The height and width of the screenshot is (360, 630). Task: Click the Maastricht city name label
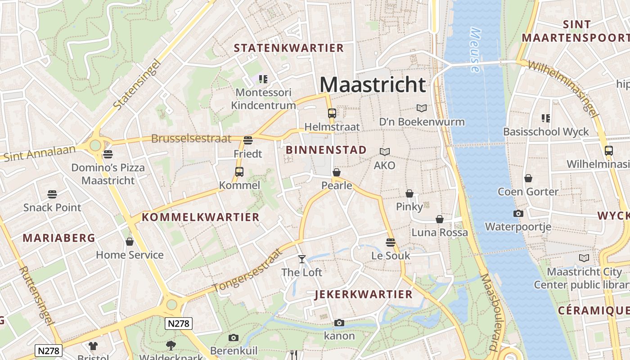[x=373, y=85]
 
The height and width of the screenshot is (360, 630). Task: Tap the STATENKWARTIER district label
[x=288, y=48]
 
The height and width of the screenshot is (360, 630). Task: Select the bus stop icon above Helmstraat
[x=332, y=113]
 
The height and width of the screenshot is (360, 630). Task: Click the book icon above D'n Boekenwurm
[x=421, y=108]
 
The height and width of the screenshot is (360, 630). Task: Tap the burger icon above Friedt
[x=247, y=140]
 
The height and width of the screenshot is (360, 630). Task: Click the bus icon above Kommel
[x=239, y=171]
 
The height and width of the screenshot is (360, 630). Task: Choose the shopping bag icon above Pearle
[x=336, y=172]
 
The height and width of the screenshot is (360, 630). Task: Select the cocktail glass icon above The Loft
[x=301, y=259]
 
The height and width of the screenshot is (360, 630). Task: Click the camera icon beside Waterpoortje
[x=518, y=213]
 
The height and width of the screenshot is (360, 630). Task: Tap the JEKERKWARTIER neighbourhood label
[x=364, y=295]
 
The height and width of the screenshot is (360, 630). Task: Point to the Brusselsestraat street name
[x=191, y=139]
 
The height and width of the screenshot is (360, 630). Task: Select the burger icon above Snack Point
[x=52, y=194]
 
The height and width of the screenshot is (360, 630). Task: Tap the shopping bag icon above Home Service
[x=130, y=242]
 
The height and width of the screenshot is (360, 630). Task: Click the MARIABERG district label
[x=59, y=238]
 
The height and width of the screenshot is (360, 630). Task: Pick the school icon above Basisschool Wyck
[x=545, y=118]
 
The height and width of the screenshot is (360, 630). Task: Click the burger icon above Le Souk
[x=390, y=242]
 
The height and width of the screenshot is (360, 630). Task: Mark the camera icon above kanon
[x=339, y=323]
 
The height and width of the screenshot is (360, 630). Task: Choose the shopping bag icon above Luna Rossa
[x=439, y=219]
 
